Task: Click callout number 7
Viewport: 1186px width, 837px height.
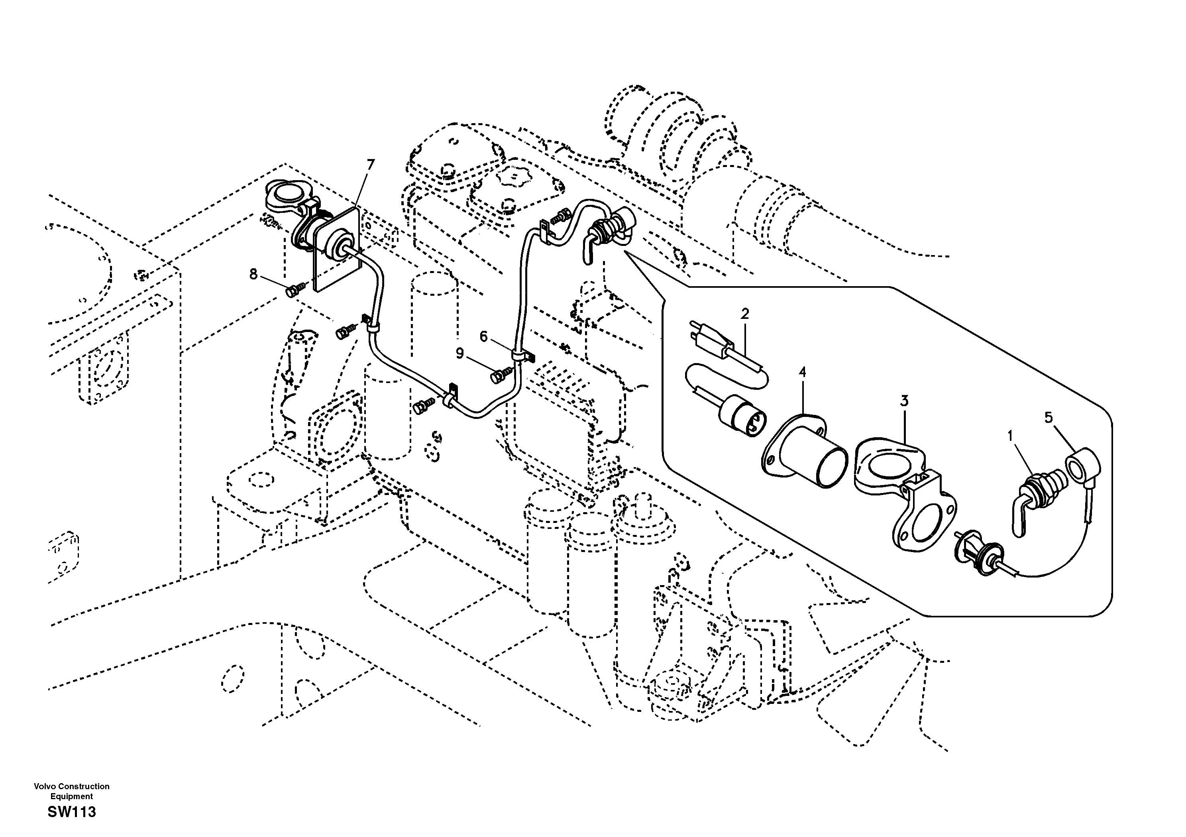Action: [370, 165]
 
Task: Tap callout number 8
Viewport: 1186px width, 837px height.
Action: [253, 274]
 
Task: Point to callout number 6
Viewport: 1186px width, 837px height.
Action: [483, 337]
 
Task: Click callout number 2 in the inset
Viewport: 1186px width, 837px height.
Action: [744, 314]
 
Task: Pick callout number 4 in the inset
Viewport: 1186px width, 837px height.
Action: [802, 372]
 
